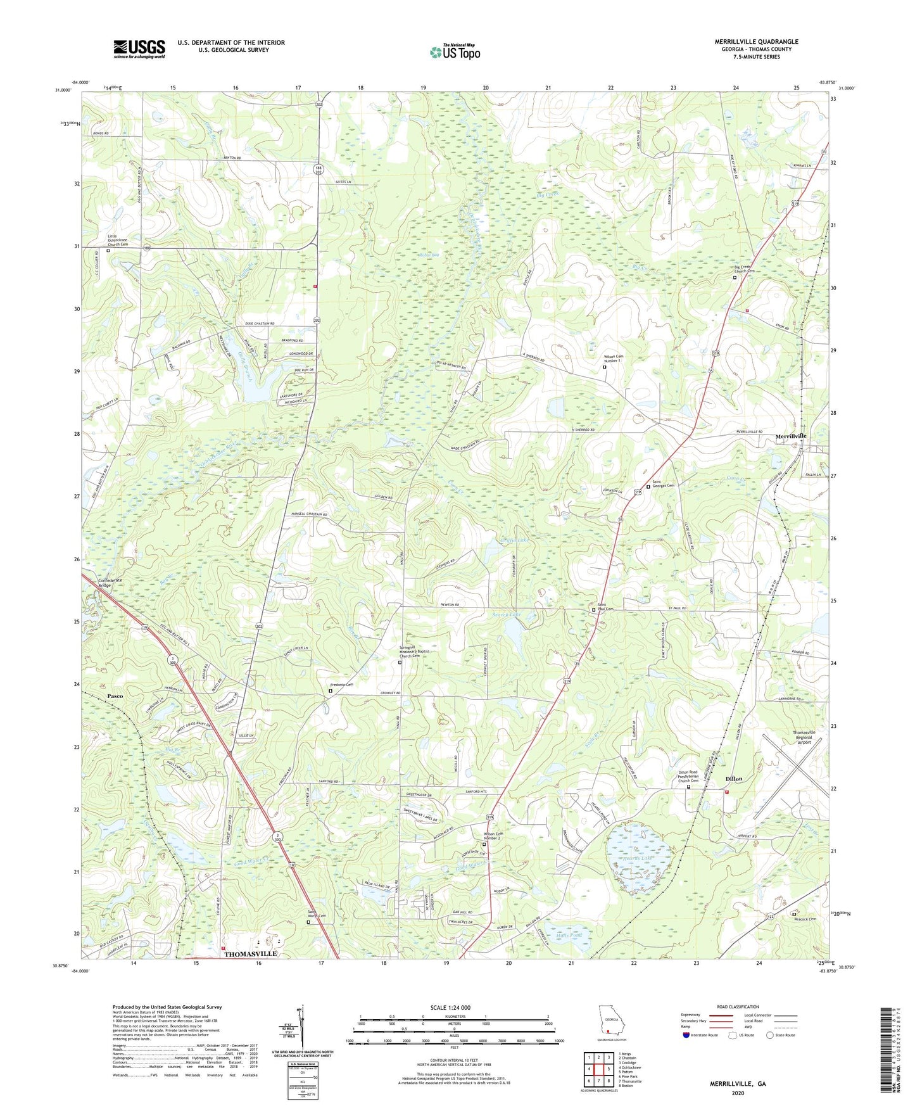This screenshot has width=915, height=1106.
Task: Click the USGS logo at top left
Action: coord(139,48)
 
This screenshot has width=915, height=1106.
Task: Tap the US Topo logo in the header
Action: coord(455,52)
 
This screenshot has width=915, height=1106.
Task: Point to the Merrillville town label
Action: coord(791,437)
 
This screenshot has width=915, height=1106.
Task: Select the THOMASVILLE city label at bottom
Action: coord(250,953)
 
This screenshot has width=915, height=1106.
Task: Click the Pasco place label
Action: coord(115,696)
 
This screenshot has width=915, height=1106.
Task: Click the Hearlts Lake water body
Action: coord(637,859)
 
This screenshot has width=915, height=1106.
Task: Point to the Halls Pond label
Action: coord(569,935)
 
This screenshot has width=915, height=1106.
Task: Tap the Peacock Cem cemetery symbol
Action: coord(794,914)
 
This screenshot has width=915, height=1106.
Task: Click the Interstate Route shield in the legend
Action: coord(686,1035)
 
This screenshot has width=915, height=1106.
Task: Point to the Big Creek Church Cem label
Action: coord(752,269)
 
